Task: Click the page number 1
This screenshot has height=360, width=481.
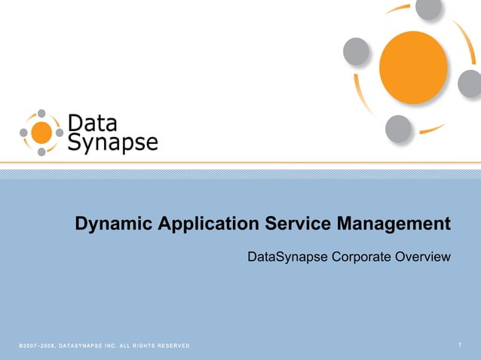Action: (x=460, y=346)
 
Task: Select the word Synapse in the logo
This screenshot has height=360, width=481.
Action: (x=112, y=142)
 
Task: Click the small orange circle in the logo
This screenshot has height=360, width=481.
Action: (x=42, y=133)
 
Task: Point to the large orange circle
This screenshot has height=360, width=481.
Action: (x=413, y=68)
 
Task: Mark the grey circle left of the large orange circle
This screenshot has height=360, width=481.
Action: (x=356, y=51)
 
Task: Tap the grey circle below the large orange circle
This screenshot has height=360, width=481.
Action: (x=398, y=129)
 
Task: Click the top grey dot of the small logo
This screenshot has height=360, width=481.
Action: (x=41, y=114)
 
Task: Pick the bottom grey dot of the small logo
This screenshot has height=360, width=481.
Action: (x=41, y=151)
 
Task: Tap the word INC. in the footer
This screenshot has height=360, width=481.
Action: (x=108, y=346)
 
